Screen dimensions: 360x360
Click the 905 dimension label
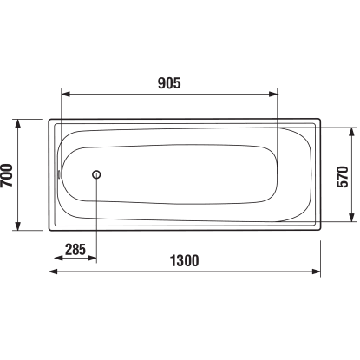(169, 83)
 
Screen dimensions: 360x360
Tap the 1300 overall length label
(184, 260)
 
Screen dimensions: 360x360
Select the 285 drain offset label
(75, 249)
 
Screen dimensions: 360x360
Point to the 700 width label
(7, 175)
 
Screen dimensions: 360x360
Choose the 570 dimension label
(343, 177)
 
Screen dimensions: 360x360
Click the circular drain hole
(96, 174)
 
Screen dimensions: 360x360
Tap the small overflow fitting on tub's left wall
(59, 174)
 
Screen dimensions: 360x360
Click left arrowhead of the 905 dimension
(66, 94)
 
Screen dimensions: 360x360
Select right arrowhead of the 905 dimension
(273, 94)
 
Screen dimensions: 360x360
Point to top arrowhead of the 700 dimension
(18, 123)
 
